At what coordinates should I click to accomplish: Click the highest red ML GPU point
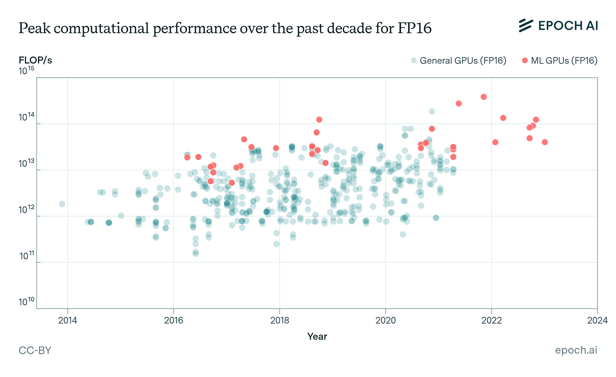[x=484, y=97]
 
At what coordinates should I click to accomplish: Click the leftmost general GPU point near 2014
[x=62, y=204]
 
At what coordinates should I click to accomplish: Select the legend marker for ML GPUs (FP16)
[x=525, y=60]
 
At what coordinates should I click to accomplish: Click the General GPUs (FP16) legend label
[x=463, y=61]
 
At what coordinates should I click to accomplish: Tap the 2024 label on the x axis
[x=597, y=320]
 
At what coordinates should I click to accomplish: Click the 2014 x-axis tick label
[x=68, y=320]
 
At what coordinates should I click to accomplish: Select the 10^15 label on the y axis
[x=26, y=71]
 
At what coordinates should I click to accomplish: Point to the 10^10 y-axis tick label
[x=26, y=301]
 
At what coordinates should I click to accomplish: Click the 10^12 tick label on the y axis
[x=26, y=209]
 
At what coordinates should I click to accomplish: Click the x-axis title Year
[x=317, y=336]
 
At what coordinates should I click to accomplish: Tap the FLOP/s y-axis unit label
[x=35, y=60]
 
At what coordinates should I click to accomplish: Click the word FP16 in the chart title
[x=415, y=28]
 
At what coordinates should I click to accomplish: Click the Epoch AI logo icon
[x=526, y=26]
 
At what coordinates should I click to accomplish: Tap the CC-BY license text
[x=35, y=350]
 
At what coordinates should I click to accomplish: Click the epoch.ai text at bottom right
[x=576, y=350]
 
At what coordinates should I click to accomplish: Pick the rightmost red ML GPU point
[x=545, y=142]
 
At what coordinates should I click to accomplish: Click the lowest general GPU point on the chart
[x=196, y=254]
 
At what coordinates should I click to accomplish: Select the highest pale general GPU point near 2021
[x=432, y=112]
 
